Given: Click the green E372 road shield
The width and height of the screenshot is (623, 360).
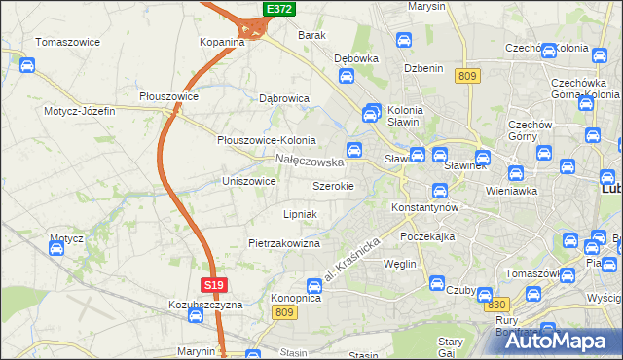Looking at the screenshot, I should pyautogui.click(x=278, y=9).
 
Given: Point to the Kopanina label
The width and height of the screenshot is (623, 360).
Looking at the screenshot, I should pyautogui.click(x=222, y=43).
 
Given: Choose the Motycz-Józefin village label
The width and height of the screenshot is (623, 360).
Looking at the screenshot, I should pyautogui.click(x=79, y=111).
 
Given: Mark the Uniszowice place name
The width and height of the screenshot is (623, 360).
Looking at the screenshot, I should pyautogui.click(x=249, y=181).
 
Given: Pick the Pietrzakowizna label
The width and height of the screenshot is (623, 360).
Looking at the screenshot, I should pyautogui.click(x=284, y=243).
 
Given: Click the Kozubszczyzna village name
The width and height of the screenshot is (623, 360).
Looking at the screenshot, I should pyautogui.click(x=204, y=305).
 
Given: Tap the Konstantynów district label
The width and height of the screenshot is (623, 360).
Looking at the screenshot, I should pyautogui.click(x=423, y=208).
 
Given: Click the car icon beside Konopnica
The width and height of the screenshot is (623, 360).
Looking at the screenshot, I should pyautogui.click(x=314, y=286).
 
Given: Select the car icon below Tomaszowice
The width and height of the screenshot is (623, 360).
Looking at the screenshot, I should pyautogui.click(x=28, y=65).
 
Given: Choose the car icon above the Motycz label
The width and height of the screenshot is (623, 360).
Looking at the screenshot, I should pyautogui.click(x=55, y=248).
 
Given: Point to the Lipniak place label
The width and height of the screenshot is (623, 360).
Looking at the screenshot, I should pyautogui.click(x=300, y=214).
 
